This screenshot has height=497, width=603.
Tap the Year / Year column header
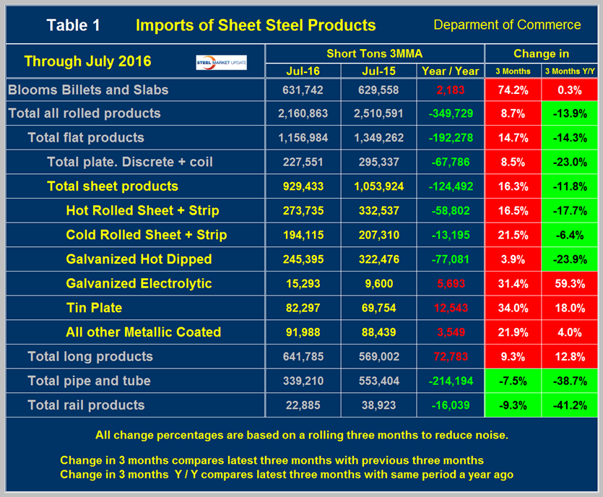pyautogui.click(x=448, y=71)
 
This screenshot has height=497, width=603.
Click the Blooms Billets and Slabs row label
pyautogui.click(x=87, y=90)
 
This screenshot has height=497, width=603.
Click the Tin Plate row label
pyautogui.click(x=94, y=308)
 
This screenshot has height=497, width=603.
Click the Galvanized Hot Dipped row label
pyautogui.click(x=139, y=259)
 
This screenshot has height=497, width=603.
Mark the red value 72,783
pyautogui.click(x=448, y=356)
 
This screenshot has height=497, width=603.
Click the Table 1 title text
pyautogui.click(x=74, y=25)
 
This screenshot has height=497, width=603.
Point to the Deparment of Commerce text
pyautogui.click(x=507, y=25)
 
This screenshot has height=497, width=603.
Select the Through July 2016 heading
pyautogui.click(x=87, y=61)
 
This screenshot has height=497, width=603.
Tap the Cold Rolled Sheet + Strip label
pyautogui.click(x=146, y=235)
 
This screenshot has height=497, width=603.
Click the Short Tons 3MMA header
pyautogui.click(x=374, y=53)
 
